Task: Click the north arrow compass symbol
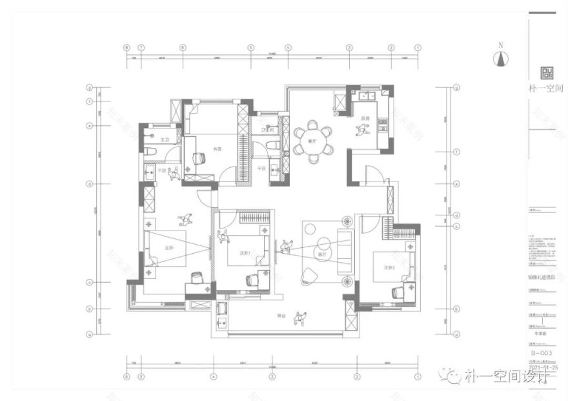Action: (x=499, y=58)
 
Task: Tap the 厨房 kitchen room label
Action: (x=365, y=118)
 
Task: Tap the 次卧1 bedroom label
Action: (x=245, y=253)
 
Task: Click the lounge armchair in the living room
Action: (x=308, y=276)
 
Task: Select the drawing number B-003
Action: (x=539, y=353)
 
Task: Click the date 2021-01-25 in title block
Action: (x=542, y=366)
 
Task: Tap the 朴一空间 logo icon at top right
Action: (x=546, y=73)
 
